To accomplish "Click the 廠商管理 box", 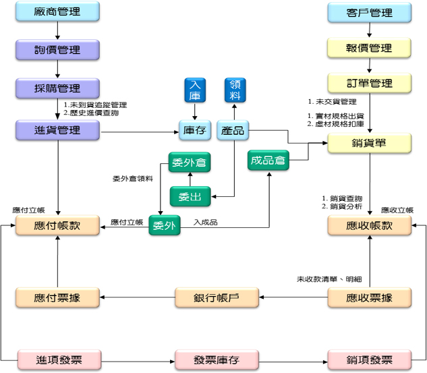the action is pyautogui.click(x=57, y=11).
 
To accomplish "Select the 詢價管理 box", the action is pyautogui.click(x=57, y=50).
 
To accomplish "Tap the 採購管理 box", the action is pyautogui.click(x=57, y=88).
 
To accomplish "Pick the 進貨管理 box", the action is pyautogui.click(x=57, y=130).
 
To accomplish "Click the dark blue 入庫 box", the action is pyautogui.click(x=195, y=90).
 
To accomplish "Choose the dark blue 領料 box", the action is pyautogui.click(x=235, y=90).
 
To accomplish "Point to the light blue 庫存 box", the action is pyautogui.click(x=195, y=130).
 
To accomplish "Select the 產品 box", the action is pyautogui.click(x=233, y=130).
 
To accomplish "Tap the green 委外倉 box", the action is pyautogui.click(x=190, y=163).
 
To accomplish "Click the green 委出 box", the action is pyautogui.click(x=190, y=196).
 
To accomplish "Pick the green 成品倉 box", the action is pyautogui.click(x=268, y=161).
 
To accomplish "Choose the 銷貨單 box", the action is pyautogui.click(x=369, y=143).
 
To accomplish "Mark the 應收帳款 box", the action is pyautogui.click(x=369, y=225).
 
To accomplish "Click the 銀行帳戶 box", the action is pyautogui.click(x=217, y=297).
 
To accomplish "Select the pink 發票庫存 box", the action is pyautogui.click(x=217, y=360).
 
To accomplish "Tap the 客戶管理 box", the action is pyautogui.click(x=369, y=13).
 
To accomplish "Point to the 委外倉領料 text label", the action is pyautogui.click(x=133, y=179).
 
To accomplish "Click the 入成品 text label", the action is pyautogui.click(x=206, y=223).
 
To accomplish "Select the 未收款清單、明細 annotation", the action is pyautogui.click(x=329, y=279).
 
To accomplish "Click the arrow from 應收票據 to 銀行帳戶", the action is pyautogui.click(x=293, y=297).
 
